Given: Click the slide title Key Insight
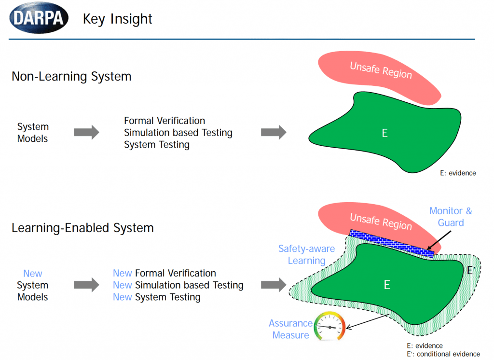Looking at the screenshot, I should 117,19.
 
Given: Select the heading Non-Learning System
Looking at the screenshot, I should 71,76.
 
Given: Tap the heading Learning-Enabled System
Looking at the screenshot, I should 82,228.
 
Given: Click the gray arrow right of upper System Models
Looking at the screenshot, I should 86,133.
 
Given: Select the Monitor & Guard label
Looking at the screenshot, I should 451,217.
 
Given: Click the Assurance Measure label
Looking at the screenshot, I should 290,329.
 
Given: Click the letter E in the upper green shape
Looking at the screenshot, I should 384,133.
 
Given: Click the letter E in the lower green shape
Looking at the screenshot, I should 386,285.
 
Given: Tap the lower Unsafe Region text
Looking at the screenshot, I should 381,221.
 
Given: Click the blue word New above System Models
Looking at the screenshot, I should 33,273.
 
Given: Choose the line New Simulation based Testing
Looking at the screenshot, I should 178,285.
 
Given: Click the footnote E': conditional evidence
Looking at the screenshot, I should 443,354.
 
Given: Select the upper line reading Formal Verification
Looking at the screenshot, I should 165,121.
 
